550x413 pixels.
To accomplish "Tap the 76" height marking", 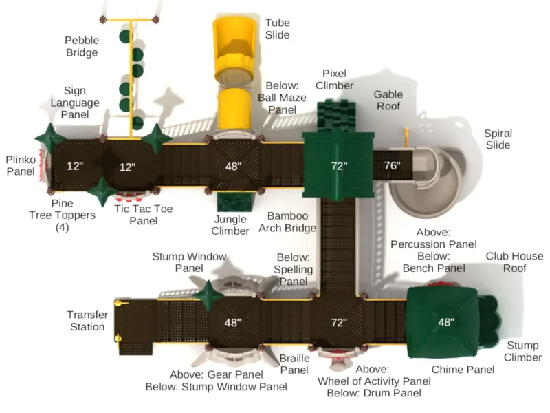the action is tap(392, 165).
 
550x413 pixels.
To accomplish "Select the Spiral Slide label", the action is tap(498, 139).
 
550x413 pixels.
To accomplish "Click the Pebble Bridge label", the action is tap(82, 46).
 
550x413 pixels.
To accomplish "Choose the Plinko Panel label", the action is tap(21, 165).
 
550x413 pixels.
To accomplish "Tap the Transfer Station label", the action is tap(87, 321).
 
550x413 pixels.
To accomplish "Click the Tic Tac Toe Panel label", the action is tap(144, 215).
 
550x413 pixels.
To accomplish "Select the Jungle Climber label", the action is tap(230, 225).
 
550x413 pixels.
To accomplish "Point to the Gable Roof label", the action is tap(388, 100).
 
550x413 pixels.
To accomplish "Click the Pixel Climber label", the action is tap(335, 79).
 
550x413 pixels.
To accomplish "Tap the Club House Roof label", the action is tap(514, 262).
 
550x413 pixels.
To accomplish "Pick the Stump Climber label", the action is tap(522, 351).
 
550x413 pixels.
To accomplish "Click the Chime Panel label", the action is tap(463, 370).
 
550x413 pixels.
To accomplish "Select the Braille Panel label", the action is tap(294, 364).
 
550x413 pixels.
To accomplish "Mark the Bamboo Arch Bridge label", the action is tap(287, 222).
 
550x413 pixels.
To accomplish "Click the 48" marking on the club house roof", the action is tap(446, 321).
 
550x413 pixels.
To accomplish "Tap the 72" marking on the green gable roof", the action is tap(339, 166).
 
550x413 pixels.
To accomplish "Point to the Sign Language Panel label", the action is tap(75, 103).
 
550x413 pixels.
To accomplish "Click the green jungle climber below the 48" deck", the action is tap(234, 202).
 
